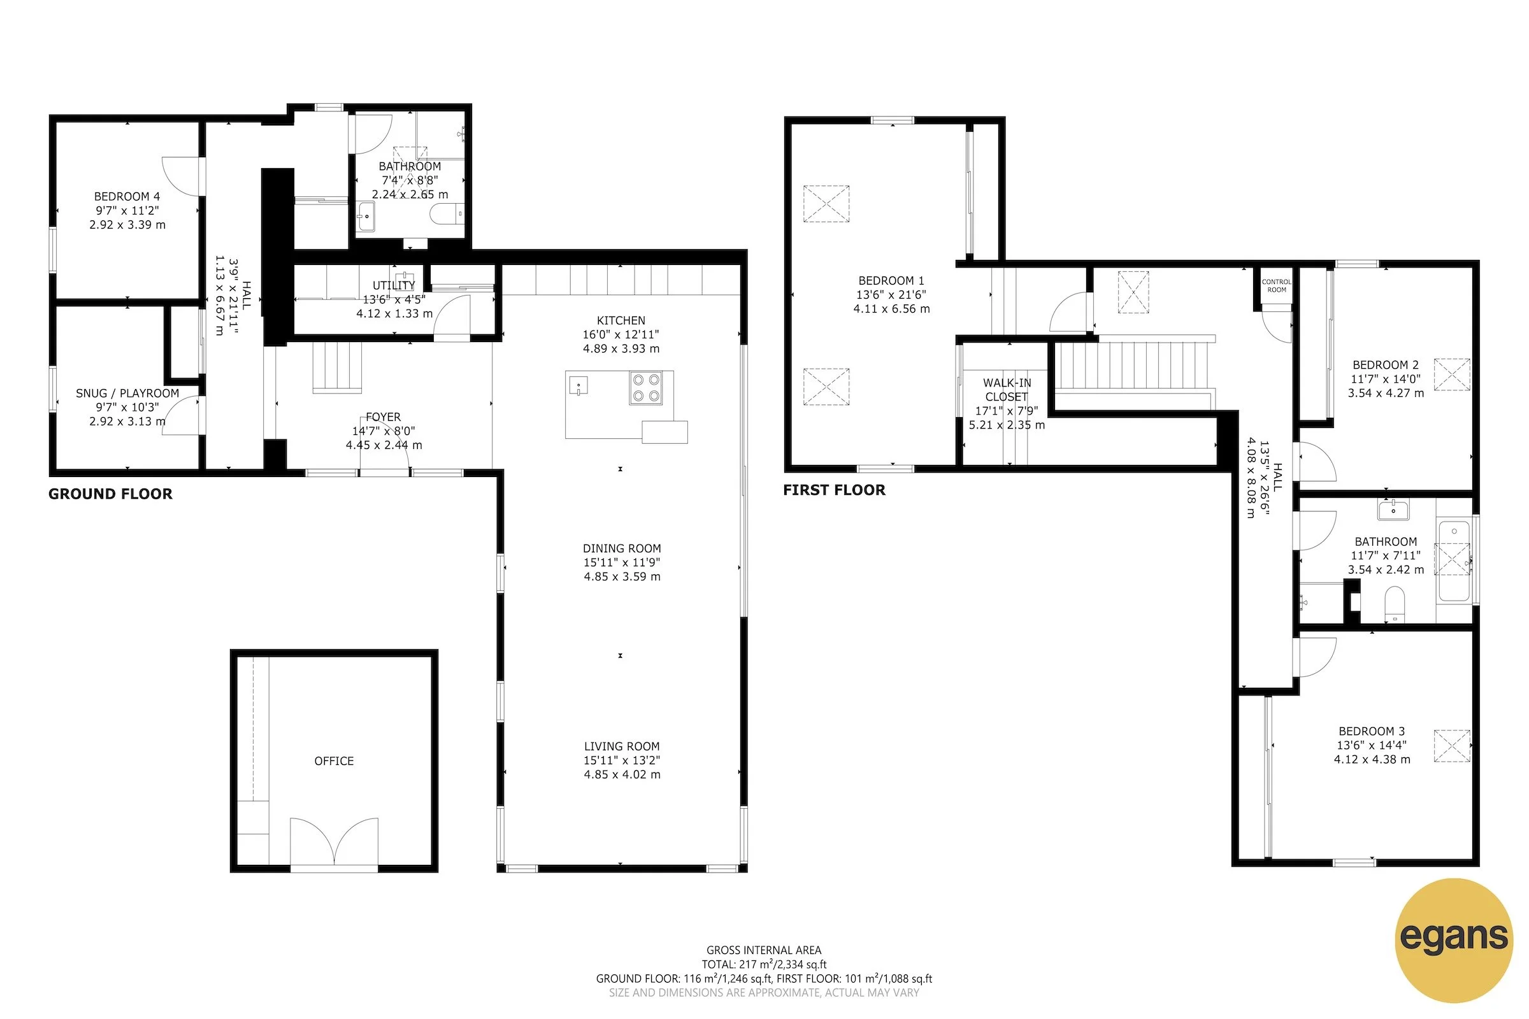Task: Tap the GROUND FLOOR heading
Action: click(x=110, y=494)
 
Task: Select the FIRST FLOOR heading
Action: click(x=834, y=490)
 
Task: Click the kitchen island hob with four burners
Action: click(x=645, y=388)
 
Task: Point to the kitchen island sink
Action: click(x=578, y=385)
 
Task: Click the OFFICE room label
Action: click(x=334, y=761)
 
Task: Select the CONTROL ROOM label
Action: click(x=1276, y=286)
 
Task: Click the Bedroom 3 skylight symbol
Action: click(x=1452, y=745)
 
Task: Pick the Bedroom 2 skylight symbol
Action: click(x=1452, y=374)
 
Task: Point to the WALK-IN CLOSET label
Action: click(x=1007, y=390)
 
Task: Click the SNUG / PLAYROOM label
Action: click(x=127, y=393)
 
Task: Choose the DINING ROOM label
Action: click(x=622, y=548)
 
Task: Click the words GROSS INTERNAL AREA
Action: click(x=764, y=950)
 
